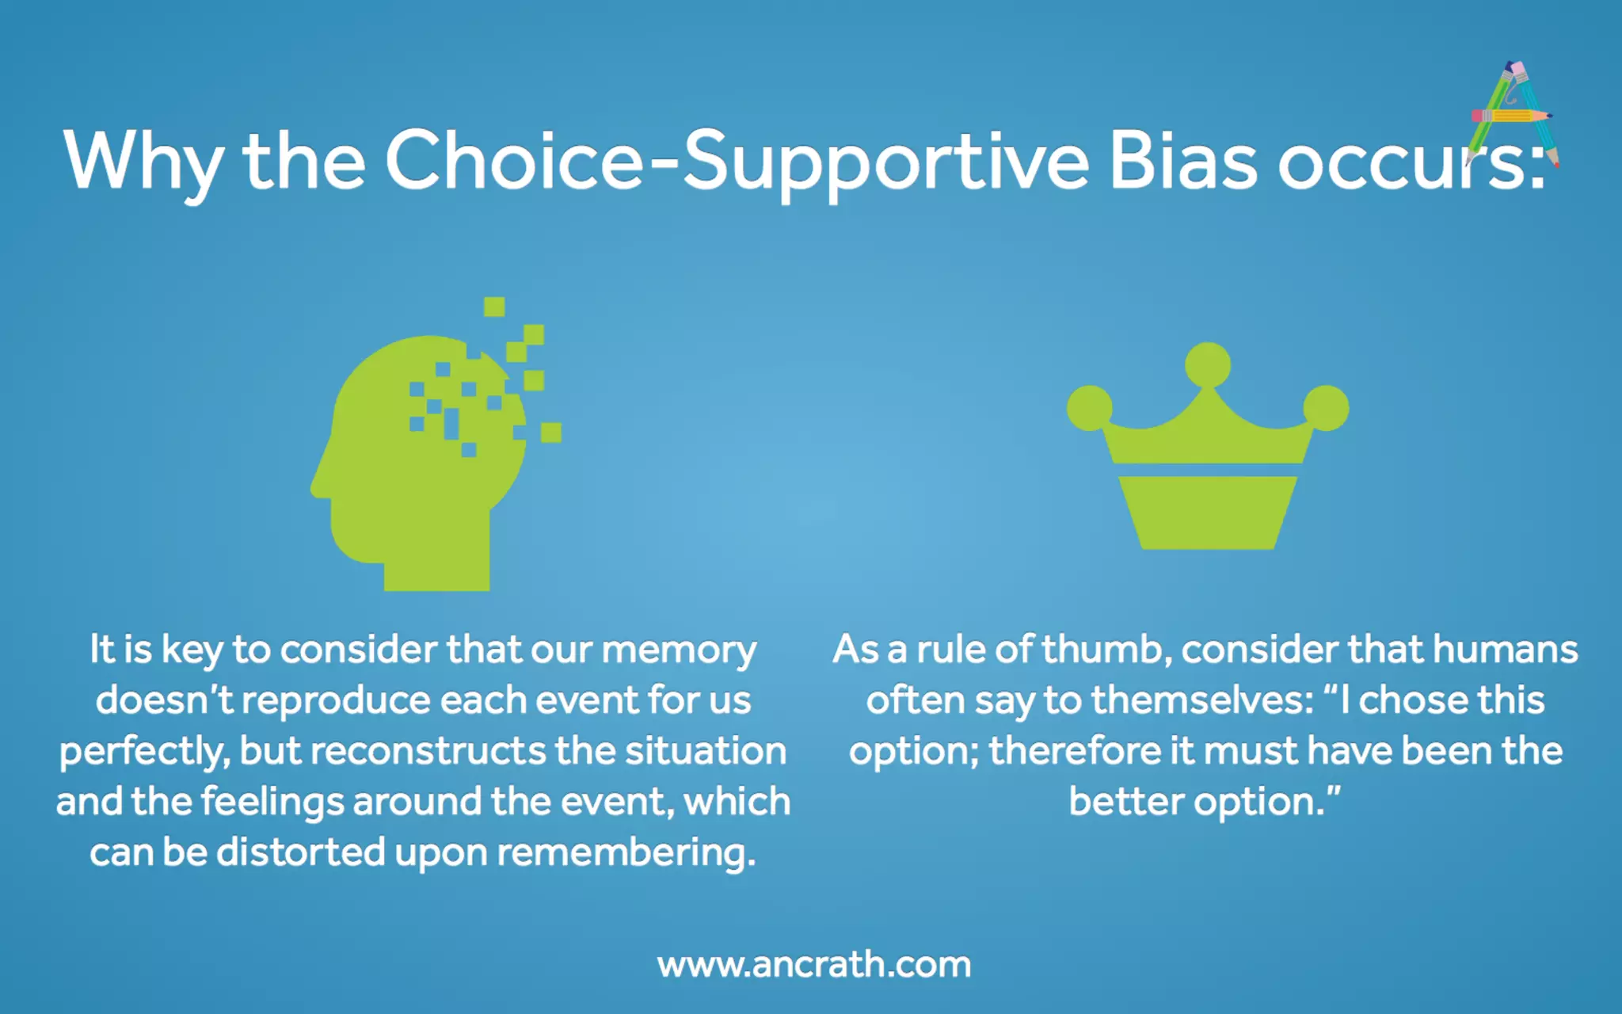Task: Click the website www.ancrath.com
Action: tap(813, 964)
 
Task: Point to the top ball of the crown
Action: tap(1207, 365)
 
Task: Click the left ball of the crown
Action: tap(1090, 407)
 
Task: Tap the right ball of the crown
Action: tap(1326, 407)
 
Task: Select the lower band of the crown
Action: tap(1207, 512)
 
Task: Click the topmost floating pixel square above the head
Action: tap(494, 307)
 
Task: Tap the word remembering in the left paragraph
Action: tap(626, 853)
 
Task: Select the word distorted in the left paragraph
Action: tap(300, 853)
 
